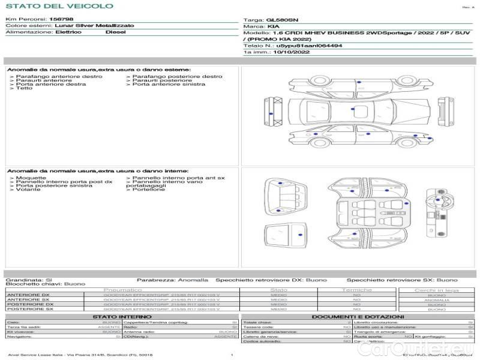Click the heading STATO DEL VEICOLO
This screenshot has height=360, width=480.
59,6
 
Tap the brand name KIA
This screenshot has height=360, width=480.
272,27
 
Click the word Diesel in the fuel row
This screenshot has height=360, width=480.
115,32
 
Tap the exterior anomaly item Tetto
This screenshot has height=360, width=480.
24,89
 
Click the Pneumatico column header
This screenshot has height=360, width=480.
127,290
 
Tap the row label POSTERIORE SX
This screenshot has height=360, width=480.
29,309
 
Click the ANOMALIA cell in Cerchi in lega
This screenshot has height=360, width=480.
436,300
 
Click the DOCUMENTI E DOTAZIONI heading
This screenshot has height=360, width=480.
358,316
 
